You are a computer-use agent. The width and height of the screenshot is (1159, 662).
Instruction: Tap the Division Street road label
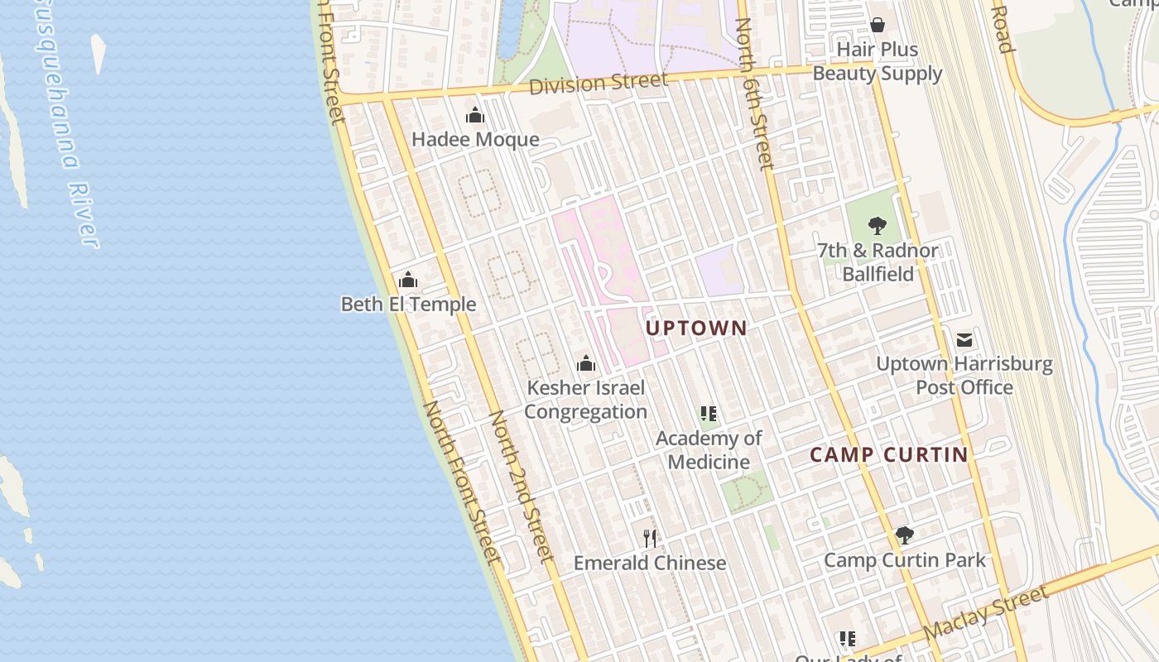(598, 84)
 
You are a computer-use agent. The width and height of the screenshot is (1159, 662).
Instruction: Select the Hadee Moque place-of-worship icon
(475, 116)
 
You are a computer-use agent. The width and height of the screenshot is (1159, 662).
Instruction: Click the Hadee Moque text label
(475, 140)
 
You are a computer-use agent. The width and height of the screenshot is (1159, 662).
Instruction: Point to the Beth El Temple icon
(408, 281)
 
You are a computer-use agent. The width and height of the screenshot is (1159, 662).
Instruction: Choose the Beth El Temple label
(408, 305)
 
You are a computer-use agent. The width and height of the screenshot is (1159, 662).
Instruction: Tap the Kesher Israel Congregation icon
(586, 363)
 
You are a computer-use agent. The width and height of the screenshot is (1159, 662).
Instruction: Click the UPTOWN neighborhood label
(696, 329)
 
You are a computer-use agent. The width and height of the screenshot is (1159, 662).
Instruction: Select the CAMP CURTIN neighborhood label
(888, 454)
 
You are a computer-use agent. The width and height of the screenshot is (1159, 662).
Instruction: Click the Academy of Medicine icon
(709, 414)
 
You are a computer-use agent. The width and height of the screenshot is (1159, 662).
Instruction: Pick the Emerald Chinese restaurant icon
(650, 539)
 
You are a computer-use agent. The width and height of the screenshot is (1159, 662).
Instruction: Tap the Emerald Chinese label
(650, 564)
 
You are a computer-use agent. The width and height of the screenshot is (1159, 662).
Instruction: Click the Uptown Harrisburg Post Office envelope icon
(964, 340)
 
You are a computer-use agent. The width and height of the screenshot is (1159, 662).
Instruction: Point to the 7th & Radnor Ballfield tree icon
(878, 226)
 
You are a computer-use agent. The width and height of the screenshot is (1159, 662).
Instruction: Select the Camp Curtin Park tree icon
(905, 535)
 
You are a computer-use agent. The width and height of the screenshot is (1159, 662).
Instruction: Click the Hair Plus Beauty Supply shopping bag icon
(878, 26)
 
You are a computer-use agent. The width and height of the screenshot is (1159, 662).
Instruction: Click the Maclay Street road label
(985, 612)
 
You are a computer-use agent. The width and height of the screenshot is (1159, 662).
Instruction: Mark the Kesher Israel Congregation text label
(586, 400)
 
